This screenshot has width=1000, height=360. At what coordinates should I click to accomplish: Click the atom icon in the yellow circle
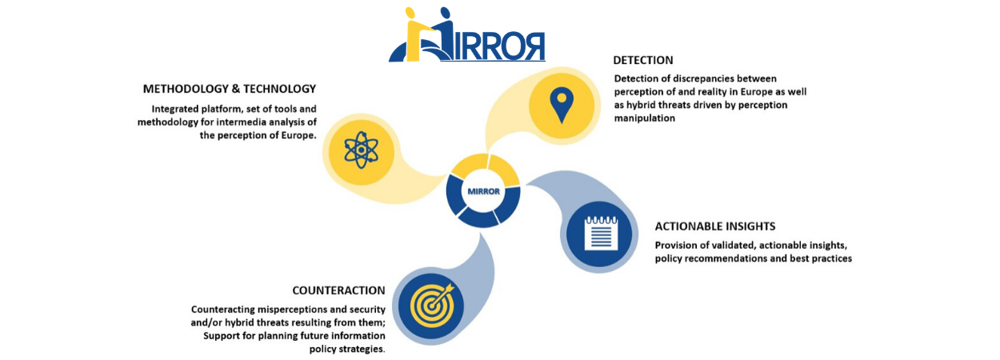(361, 150)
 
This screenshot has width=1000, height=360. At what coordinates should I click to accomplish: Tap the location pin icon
(562, 105)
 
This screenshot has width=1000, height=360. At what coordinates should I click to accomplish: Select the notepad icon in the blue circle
(602, 233)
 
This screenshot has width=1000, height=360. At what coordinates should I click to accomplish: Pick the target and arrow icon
(432, 305)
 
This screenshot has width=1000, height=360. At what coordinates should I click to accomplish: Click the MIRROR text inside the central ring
(483, 192)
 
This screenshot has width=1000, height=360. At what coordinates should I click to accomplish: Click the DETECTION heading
(643, 60)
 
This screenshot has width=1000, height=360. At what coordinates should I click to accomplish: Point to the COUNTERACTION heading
(338, 290)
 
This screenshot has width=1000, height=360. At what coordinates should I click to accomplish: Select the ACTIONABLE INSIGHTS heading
(714, 226)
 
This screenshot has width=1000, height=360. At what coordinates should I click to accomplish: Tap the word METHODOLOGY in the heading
(186, 89)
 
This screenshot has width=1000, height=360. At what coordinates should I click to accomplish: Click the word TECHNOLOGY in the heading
(279, 89)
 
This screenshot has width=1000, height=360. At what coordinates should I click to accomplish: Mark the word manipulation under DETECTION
(644, 118)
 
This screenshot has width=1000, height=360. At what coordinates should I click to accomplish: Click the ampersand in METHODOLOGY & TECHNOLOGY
(236, 89)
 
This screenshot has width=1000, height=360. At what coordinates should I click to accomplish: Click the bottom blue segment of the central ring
(478, 218)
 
